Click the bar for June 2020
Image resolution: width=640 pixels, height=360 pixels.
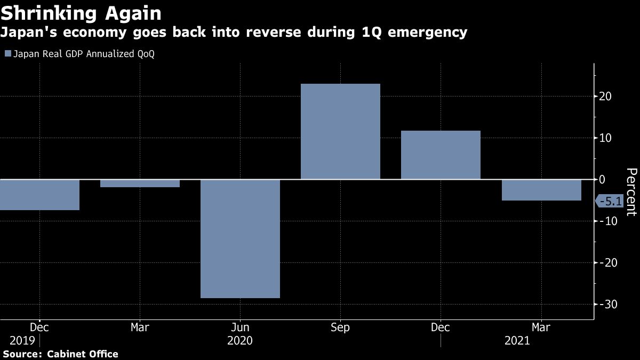[x=240, y=238]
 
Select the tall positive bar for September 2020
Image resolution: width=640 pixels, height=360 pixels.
[x=340, y=131]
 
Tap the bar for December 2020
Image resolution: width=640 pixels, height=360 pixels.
[x=441, y=155]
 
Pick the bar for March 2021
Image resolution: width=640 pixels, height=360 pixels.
[x=541, y=190]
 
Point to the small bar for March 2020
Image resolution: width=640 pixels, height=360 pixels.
[x=140, y=183]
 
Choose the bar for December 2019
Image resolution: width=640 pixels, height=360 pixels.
[x=39, y=195]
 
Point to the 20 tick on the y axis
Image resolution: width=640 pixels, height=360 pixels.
[x=605, y=97]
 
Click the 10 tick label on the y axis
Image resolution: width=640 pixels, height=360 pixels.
[x=605, y=138]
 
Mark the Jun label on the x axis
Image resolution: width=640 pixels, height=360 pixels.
[x=240, y=327]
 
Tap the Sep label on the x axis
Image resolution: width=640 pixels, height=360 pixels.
[x=340, y=327]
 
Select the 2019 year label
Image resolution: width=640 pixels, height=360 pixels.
[x=19, y=341]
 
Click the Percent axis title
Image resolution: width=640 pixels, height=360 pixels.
[x=631, y=191]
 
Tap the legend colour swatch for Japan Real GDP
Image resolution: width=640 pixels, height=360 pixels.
[x=7, y=54]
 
